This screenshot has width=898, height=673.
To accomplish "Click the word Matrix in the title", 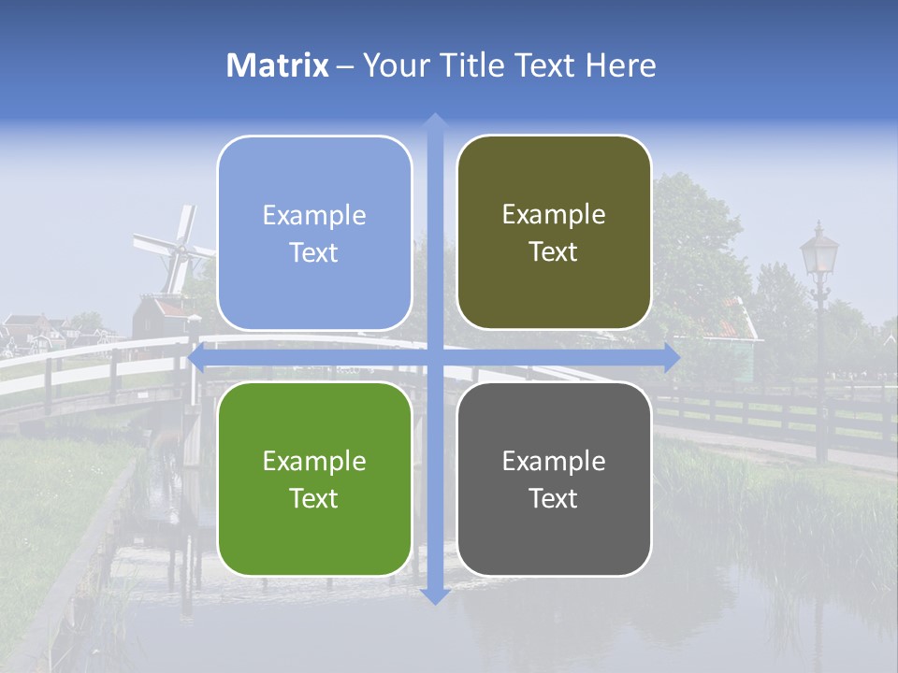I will [x=278, y=65].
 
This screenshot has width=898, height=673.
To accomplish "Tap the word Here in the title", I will [x=621, y=65].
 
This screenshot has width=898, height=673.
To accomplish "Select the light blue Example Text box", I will [x=314, y=233].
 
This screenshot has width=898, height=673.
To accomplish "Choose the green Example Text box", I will [x=314, y=479].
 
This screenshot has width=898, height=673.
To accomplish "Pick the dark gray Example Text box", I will [x=554, y=479].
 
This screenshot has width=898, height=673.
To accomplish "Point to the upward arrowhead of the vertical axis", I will [x=434, y=121].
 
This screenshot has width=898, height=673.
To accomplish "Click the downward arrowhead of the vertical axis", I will [x=434, y=596].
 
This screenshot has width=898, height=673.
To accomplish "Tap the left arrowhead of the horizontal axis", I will [x=196, y=357].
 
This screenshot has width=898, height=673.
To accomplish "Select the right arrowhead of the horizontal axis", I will [x=672, y=357].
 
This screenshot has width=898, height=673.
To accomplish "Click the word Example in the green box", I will [x=314, y=461].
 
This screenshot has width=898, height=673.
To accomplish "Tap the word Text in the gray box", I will [x=554, y=498].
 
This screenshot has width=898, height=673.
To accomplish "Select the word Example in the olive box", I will [x=554, y=214].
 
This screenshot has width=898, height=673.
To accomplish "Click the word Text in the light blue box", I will [x=314, y=252].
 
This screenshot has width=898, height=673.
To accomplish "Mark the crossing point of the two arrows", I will [x=434, y=357].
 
